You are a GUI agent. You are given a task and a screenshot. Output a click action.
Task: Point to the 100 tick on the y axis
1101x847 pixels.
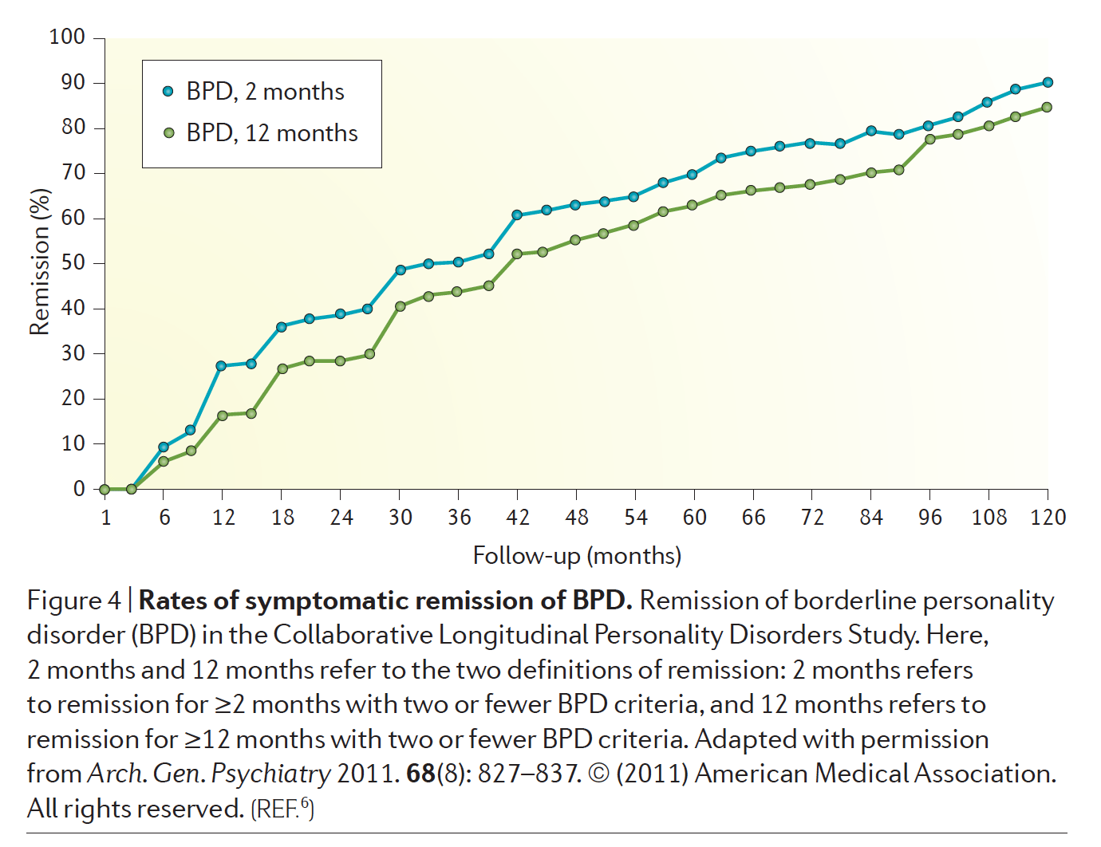(x=67, y=37)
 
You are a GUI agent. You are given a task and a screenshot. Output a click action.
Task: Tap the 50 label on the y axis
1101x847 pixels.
(x=73, y=263)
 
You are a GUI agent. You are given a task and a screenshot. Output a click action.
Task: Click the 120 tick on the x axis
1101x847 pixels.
(x=1048, y=518)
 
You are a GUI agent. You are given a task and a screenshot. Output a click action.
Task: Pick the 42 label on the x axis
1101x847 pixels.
(x=518, y=518)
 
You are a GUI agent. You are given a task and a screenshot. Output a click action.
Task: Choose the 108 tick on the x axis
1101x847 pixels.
(x=989, y=518)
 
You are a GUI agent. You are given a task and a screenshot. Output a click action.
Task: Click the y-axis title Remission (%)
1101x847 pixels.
(x=39, y=262)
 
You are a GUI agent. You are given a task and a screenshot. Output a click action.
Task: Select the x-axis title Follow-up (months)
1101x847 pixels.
(x=577, y=556)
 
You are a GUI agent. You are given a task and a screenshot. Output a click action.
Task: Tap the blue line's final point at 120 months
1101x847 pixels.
(x=1048, y=82)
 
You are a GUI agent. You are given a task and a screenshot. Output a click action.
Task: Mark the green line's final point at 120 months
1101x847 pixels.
(x=1047, y=108)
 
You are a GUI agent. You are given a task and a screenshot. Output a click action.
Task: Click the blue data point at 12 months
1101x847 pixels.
(x=221, y=366)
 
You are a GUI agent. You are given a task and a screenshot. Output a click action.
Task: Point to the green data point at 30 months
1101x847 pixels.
(x=401, y=306)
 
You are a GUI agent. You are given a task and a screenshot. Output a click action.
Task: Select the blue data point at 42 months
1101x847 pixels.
(x=517, y=215)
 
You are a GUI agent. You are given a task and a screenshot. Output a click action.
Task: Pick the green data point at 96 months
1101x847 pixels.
(x=930, y=140)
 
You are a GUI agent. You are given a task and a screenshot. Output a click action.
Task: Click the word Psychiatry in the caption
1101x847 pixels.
(x=270, y=774)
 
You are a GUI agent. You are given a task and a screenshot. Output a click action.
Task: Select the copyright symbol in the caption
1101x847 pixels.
(x=598, y=774)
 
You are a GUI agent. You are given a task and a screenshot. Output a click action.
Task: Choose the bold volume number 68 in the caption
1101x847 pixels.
(x=420, y=774)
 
